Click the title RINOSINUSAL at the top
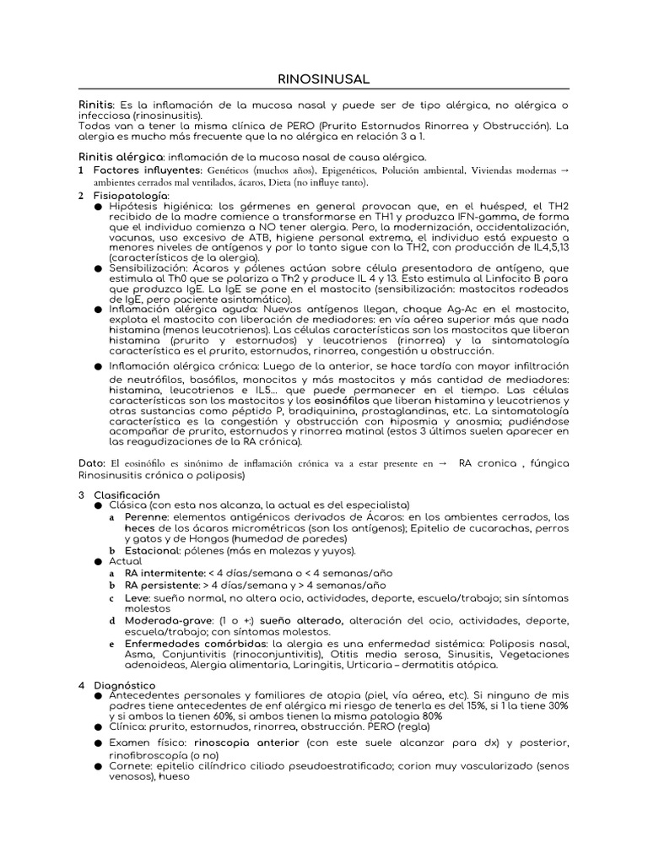pyautogui.click(x=323, y=78)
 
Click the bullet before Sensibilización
pyautogui.click(x=99, y=267)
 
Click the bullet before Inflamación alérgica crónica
pyautogui.click(x=99, y=366)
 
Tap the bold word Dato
pyautogui.click(x=92, y=463)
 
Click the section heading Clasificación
pyautogui.click(x=127, y=494)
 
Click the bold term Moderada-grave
pyautogui.click(x=167, y=620)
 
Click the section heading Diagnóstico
pyautogui.click(x=124, y=685)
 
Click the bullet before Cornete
pyautogui.click(x=99, y=766)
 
